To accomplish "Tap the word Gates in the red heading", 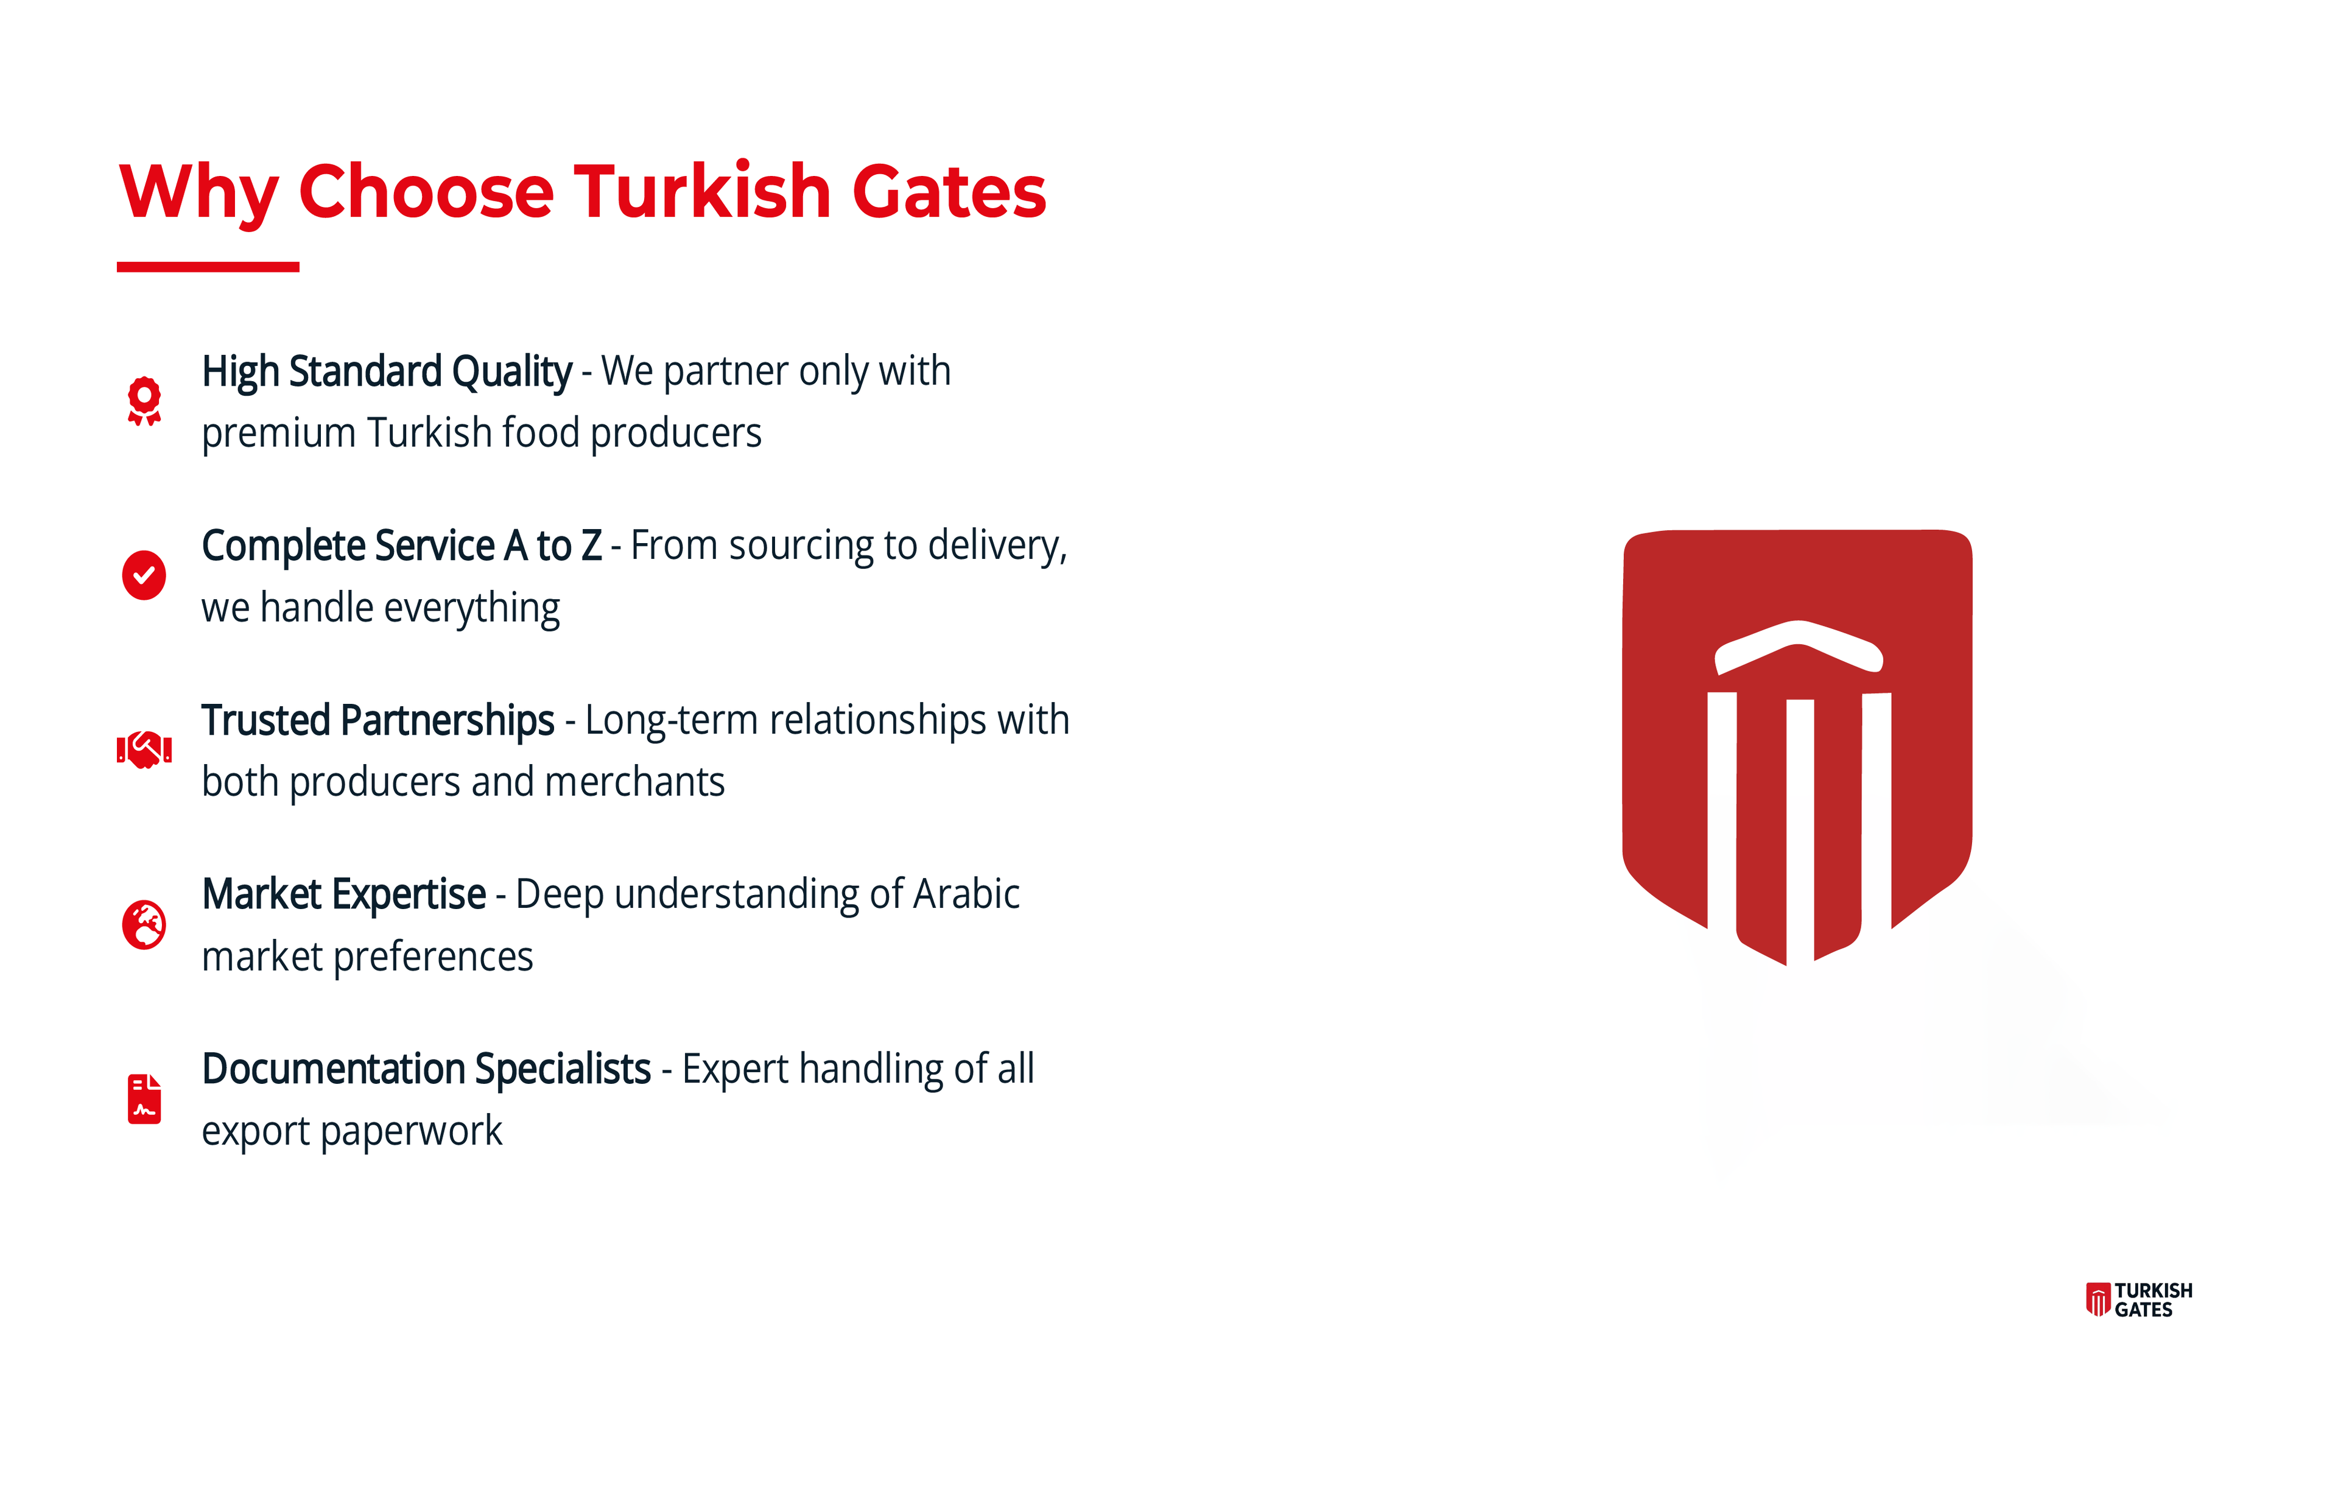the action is (949, 191).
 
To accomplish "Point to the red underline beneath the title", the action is (208, 266).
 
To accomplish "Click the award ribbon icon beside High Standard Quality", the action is (144, 400).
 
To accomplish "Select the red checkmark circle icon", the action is (144, 575).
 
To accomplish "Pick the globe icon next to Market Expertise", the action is (144, 924).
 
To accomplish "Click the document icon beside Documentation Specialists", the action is (144, 1098).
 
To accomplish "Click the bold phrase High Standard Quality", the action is (387, 372).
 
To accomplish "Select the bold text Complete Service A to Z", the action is (401, 546).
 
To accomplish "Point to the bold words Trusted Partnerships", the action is (378, 721).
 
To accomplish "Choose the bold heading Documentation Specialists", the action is (426, 1070).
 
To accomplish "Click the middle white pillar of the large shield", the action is (1800, 831).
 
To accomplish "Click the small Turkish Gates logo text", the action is (2154, 1300).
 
